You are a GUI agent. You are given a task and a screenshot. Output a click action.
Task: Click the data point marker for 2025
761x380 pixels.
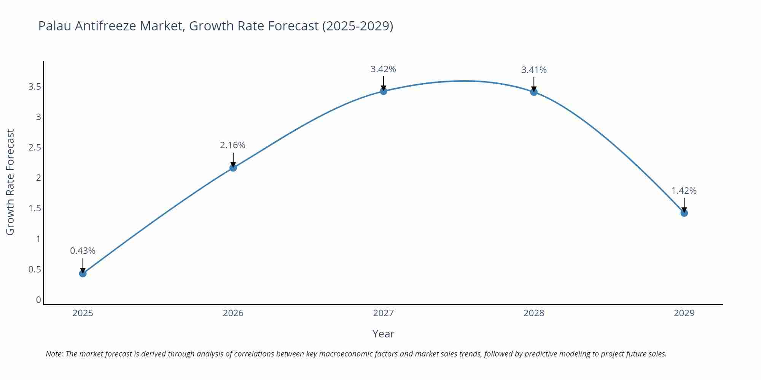click(83, 273)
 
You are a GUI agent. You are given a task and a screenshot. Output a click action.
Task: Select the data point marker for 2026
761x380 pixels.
click(233, 168)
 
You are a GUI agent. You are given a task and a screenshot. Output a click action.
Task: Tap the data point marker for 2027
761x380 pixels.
click(384, 91)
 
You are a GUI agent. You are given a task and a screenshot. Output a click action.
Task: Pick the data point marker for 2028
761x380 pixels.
click(534, 92)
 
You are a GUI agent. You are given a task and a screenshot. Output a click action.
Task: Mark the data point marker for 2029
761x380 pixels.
click(684, 213)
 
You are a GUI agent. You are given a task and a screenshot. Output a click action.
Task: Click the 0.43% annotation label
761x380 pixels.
click(83, 251)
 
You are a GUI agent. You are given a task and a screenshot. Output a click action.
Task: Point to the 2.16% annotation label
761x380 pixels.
click(232, 145)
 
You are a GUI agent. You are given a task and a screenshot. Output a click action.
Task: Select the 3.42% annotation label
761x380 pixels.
click(383, 69)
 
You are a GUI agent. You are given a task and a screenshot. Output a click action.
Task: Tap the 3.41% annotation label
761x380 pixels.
click(534, 70)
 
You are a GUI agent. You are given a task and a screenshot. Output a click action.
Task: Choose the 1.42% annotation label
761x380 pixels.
click(684, 191)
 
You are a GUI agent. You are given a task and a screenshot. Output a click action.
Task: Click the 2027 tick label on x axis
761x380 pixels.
click(384, 313)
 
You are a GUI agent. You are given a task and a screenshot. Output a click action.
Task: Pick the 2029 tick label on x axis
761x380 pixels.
click(684, 313)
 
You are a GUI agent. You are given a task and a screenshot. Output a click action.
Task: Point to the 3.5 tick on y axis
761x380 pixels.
click(35, 87)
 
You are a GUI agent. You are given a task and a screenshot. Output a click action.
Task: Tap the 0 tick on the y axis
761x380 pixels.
click(38, 300)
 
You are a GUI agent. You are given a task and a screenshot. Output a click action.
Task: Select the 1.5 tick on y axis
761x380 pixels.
click(35, 208)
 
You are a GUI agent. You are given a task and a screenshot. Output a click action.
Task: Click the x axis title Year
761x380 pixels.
click(383, 334)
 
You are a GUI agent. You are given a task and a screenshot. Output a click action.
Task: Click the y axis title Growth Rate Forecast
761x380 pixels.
click(10, 182)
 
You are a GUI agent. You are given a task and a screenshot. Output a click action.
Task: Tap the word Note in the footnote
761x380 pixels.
click(54, 354)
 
